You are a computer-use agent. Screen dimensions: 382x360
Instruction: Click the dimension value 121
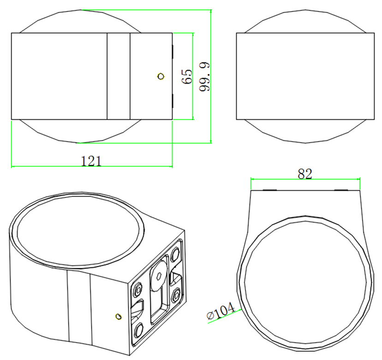pos(91,161)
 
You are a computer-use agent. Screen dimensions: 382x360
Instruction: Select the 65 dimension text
pos(187,77)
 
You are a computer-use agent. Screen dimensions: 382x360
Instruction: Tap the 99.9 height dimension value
pos(204,77)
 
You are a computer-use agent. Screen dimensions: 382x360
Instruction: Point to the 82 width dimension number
pos(305,174)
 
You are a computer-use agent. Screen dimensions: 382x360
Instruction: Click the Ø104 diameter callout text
pos(221,311)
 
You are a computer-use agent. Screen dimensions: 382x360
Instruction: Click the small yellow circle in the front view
pos(161,76)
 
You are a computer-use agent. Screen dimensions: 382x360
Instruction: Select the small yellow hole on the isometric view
pos(119,316)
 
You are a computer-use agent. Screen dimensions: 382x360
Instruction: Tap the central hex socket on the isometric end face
pos(159,276)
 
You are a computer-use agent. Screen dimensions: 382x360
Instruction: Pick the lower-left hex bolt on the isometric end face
pos(138,331)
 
